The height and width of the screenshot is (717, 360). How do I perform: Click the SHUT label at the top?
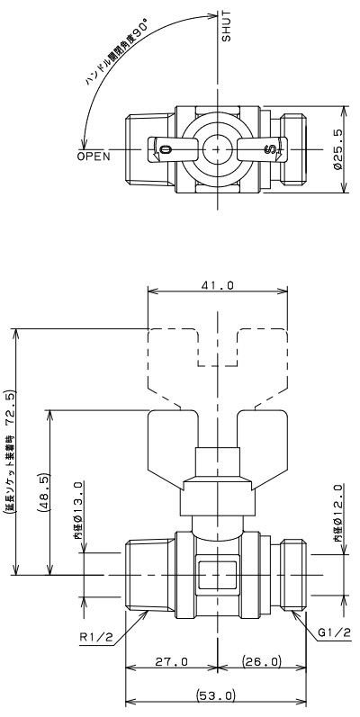(227, 26)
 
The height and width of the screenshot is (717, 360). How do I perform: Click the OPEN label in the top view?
(94, 157)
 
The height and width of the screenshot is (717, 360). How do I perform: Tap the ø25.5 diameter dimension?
(337, 149)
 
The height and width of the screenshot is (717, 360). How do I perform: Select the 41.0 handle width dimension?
(218, 285)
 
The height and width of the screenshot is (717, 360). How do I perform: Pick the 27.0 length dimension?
(172, 661)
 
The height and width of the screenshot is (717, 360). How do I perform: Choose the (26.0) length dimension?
(262, 661)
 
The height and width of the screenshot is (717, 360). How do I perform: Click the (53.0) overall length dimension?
(216, 696)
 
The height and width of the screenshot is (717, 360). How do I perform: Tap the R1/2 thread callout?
(96, 637)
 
